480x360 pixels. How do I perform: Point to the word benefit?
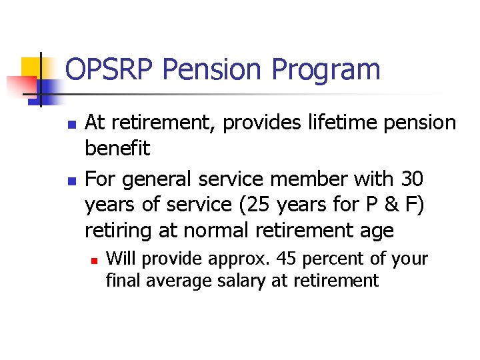pyautogui.click(x=117, y=148)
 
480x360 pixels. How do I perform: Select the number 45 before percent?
pyautogui.click(x=288, y=258)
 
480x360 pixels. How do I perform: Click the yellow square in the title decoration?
pyautogui.click(x=31, y=67)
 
